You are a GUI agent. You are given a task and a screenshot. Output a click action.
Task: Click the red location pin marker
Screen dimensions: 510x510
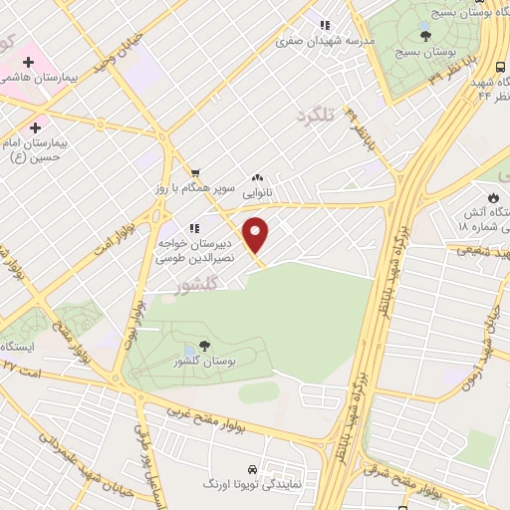tap(257, 235)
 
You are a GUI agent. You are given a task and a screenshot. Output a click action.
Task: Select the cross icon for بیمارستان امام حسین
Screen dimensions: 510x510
tap(36, 127)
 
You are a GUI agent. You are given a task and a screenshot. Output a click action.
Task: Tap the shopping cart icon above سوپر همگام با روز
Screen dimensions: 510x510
tap(196, 172)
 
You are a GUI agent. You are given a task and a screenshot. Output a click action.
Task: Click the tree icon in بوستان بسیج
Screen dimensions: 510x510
tap(426, 34)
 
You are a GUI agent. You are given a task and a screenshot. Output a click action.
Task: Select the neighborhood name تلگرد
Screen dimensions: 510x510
tap(312, 119)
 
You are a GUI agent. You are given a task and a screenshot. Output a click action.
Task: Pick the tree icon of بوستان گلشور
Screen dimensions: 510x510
tap(204, 346)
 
